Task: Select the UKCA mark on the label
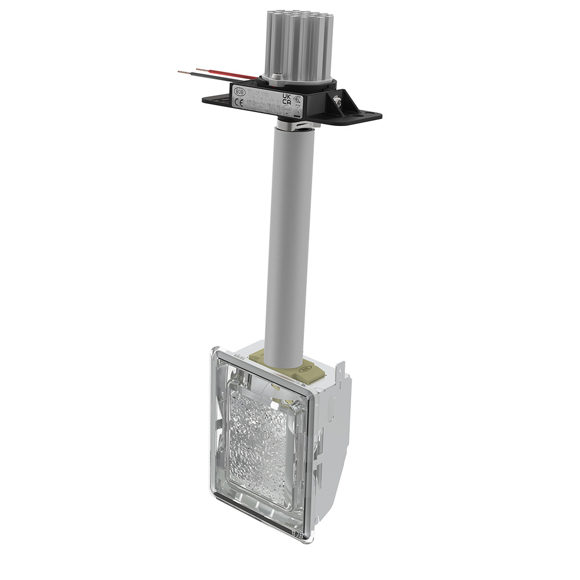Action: point(286,97)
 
